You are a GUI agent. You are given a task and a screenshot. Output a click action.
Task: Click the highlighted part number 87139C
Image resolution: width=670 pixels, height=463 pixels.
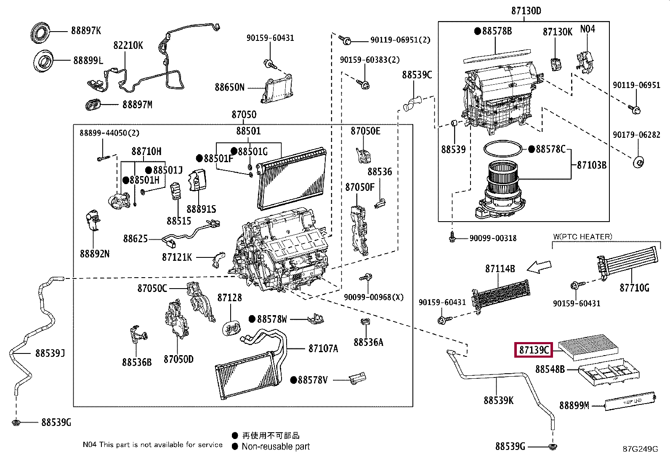pyautogui.click(x=534, y=350)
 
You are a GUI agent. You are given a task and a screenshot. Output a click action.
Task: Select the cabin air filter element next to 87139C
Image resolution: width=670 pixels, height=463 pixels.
pyautogui.click(x=588, y=347)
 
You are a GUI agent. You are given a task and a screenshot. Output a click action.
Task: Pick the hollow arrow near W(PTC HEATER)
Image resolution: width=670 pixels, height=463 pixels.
pyautogui.click(x=539, y=266)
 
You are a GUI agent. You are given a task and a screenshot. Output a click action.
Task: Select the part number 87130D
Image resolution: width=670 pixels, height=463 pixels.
pyautogui.click(x=526, y=11)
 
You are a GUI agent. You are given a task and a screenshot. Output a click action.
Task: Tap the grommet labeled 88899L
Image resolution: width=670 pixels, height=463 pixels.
pyautogui.click(x=43, y=61)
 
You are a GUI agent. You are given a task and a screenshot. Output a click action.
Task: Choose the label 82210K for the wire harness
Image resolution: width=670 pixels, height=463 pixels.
pyautogui.click(x=128, y=45)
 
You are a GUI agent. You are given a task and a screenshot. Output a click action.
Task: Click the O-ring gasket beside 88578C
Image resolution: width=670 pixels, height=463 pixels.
pyautogui.click(x=503, y=149)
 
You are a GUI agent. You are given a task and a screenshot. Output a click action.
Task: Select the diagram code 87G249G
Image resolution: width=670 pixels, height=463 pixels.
pyautogui.click(x=641, y=449)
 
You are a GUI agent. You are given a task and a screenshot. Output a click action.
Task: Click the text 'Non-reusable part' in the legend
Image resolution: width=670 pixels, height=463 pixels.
pyautogui.click(x=276, y=447)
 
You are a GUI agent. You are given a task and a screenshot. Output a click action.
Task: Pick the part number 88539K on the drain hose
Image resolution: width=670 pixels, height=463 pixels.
pyautogui.click(x=499, y=400)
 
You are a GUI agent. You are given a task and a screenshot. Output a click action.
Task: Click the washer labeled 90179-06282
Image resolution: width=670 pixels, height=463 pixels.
pyautogui.click(x=638, y=162)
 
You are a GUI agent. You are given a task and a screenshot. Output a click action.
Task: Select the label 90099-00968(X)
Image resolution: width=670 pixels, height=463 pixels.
pyautogui.click(x=374, y=297)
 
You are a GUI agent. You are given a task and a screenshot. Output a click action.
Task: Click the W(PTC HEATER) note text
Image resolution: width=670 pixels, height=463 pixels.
pyautogui.click(x=582, y=237)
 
